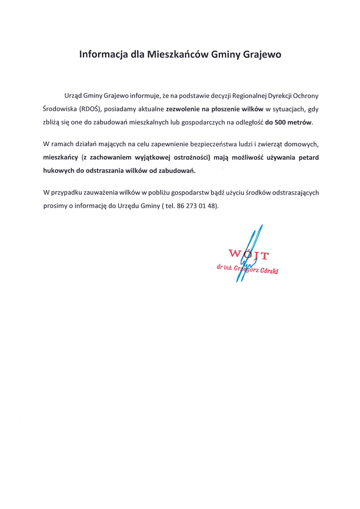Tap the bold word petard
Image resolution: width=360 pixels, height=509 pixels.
pyautogui.click(x=309, y=158)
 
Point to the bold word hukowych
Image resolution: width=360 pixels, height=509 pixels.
pyautogui.click(x=59, y=171)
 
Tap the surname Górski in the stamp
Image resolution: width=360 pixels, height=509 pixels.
pyautogui.click(x=269, y=270)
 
